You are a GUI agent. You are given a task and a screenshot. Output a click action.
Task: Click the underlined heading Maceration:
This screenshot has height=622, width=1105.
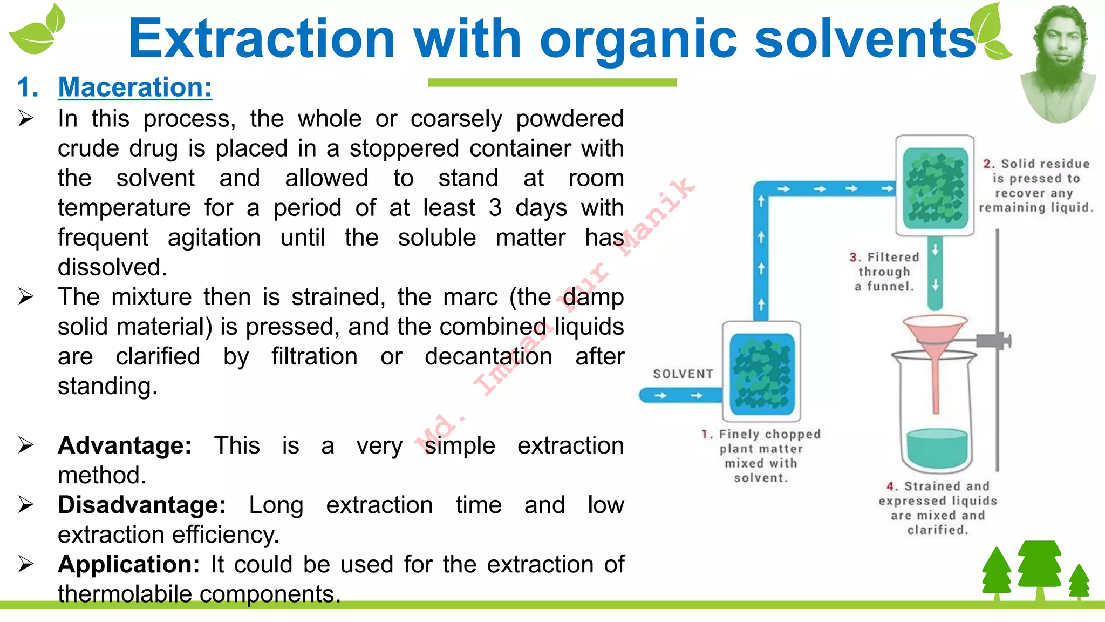[135, 87]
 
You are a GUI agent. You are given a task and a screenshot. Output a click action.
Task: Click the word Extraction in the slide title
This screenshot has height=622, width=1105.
[262, 39]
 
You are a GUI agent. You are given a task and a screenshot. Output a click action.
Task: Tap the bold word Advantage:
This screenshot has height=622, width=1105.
[125, 446]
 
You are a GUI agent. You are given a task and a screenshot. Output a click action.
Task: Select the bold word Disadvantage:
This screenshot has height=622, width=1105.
[142, 505]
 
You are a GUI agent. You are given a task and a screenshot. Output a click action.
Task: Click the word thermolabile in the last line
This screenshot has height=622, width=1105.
[125, 594]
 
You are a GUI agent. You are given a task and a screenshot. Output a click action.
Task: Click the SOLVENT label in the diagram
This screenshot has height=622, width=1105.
[683, 374]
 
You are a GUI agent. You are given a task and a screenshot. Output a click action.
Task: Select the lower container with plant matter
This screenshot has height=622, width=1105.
[762, 371]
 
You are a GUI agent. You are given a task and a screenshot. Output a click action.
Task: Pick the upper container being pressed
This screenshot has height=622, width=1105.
[935, 186]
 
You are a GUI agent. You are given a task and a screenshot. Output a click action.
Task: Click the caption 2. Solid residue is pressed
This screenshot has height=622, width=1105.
[1036, 186]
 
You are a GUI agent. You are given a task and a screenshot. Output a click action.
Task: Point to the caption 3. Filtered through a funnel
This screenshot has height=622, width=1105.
[884, 272]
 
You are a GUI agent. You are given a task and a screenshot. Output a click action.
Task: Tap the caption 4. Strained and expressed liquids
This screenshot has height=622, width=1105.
[938, 508]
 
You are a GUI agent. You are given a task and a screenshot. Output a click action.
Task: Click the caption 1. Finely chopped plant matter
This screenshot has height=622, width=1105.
[761, 456]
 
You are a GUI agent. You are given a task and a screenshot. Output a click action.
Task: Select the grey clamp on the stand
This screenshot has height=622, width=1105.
[993, 341]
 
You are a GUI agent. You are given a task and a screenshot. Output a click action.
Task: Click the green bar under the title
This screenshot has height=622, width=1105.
[552, 83]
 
